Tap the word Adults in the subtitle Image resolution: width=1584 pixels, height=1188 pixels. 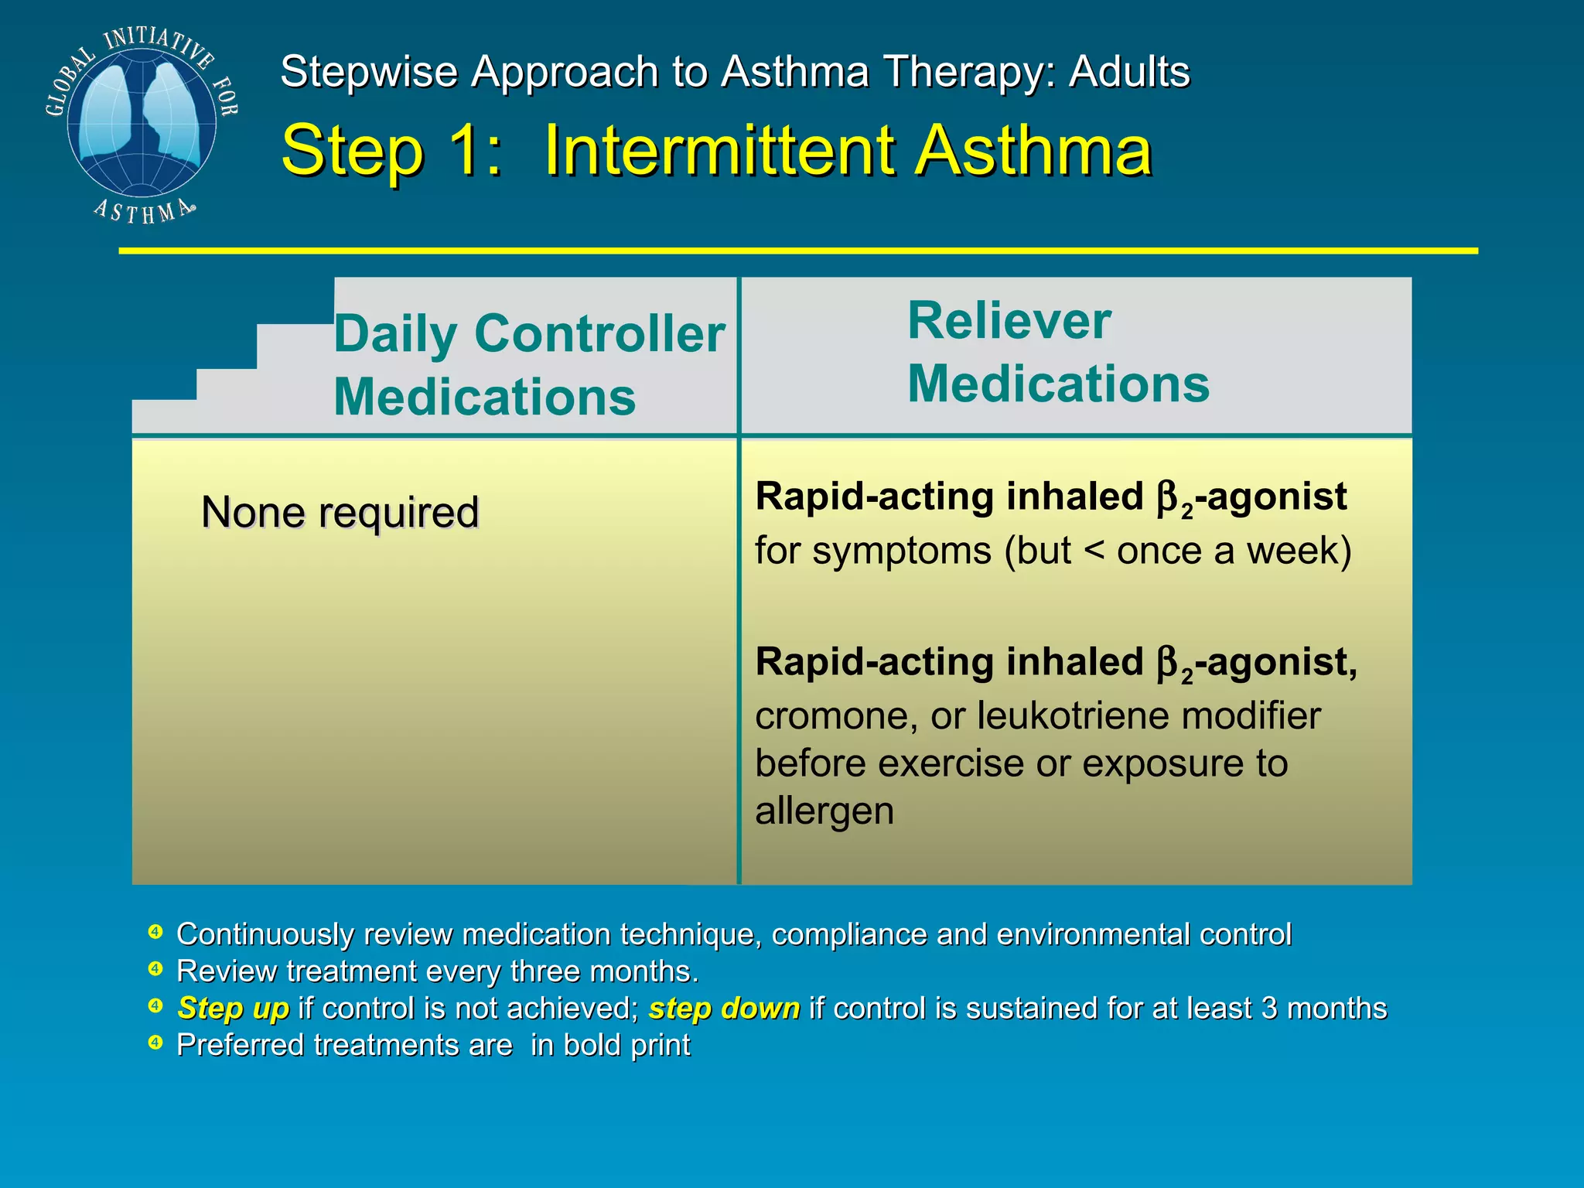pyautogui.click(x=1129, y=72)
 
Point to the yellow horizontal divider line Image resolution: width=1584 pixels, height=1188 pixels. pyautogui.click(x=797, y=251)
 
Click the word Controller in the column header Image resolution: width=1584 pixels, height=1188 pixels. pyautogui.click(x=599, y=334)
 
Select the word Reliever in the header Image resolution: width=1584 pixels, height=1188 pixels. pyautogui.click(x=1009, y=320)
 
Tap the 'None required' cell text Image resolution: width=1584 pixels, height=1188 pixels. pyautogui.click(x=340, y=512)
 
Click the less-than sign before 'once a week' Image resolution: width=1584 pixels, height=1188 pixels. pyautogui.click(x=1094, y=551)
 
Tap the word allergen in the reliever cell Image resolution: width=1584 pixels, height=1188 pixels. pyautogui.click(x=824, y=811)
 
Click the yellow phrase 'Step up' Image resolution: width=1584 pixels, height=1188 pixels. pyautogui.click(x=233, y=1009)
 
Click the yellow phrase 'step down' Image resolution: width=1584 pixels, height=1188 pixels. pyautogui.click(x=724, y=1009)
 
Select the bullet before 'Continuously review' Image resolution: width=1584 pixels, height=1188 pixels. pyautogui.click(x=155, y=932)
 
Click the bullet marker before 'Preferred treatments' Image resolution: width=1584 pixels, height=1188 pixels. pyautogui.click(x=155, y=1043)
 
